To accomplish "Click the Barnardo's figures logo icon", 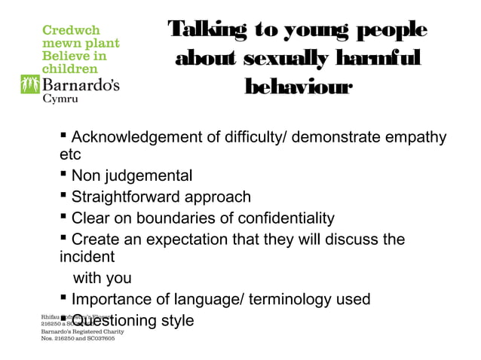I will (30, 84).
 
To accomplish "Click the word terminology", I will (289, 299).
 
